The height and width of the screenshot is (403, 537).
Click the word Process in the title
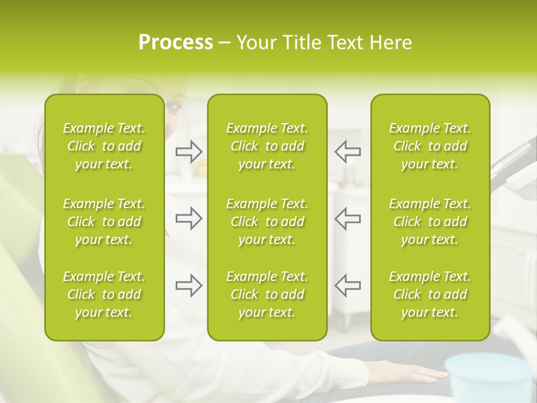point(176,43)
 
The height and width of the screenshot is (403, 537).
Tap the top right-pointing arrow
point(189,152)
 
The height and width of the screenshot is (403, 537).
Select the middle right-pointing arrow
point(189,218)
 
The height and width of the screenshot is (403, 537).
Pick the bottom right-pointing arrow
point(189,285)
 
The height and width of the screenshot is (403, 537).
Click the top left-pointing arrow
point(347,152)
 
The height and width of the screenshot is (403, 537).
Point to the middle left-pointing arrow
point(347,218)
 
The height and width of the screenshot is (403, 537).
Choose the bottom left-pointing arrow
point(347,285)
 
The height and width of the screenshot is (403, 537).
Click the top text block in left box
point(104,146)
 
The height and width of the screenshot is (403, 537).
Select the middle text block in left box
point(104,222)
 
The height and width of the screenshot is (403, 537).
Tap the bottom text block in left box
point(104,294)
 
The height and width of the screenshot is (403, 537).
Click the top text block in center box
point(267,146)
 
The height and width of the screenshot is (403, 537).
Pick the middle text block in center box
point(267,222)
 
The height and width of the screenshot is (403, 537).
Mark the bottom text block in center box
point(267,294)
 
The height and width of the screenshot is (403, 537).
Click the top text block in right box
point(430,146)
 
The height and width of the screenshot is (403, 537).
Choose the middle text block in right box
point(430,222)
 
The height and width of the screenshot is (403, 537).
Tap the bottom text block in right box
point(430,294)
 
